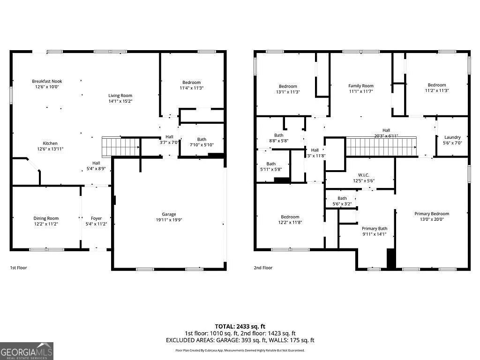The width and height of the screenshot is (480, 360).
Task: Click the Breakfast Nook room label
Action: click(x=47, y=81)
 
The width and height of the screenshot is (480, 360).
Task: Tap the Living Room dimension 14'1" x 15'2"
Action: click(x=120, y=101)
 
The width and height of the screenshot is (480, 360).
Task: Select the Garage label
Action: click(x=169, y=214)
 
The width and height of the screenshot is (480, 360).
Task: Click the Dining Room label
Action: click(x=46, y=218)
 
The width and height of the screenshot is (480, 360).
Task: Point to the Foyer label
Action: click(x=96, y=218)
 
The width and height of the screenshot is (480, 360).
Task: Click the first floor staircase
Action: click(x=121, y=146)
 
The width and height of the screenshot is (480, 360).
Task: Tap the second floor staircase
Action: click(x=381, y=146)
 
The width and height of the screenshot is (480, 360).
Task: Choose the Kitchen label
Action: click(x=50, y=143)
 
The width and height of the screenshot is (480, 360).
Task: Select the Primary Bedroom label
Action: click(x=432, y=214)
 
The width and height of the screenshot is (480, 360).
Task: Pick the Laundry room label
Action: click(x=452, y=137)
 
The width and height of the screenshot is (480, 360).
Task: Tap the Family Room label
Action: click(x=360, y=86)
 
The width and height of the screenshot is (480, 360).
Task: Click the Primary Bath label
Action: click(x=374, y=229)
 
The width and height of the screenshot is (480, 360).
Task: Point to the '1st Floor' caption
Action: click(x=19, y=268)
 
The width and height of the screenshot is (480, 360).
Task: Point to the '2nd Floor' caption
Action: click(x=263, y=268)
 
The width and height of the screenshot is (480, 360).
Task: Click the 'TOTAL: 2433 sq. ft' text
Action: click(x=240, y=326)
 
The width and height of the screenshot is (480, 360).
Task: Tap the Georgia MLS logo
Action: click(x=27, y=351)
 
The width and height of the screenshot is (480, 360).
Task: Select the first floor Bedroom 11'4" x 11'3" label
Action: click(x=191, y=82)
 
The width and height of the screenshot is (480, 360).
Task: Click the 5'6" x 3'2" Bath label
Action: click(x=342, y=198)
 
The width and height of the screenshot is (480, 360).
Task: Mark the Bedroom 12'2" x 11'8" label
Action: click(x=290, y=217)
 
